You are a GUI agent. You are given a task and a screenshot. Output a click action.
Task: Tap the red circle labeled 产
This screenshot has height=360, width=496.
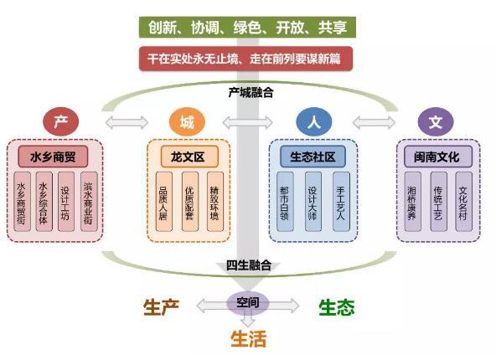pyautogui.click(x=59, y=123)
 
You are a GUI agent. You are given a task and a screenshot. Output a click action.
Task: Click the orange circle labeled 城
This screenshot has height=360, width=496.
pyautogui.click(x=186, y=123)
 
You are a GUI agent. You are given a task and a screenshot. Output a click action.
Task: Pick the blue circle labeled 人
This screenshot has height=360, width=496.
pyautogui.click(x=312, y=123)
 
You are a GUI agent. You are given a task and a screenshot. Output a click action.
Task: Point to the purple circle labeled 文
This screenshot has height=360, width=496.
pyautogui.click(x=436, y=123)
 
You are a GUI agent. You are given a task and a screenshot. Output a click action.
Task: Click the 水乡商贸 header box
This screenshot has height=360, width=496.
pyautogui.click(x=59, y=156)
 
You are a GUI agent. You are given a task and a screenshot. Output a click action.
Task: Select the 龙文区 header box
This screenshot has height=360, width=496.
pyautogui.click(x=188, y=156)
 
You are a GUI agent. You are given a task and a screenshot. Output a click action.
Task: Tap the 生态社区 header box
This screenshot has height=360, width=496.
pyautogui.click(x=312, y=156)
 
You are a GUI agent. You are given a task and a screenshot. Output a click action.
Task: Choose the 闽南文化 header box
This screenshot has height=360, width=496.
pyautogui.click(x=437, y=156)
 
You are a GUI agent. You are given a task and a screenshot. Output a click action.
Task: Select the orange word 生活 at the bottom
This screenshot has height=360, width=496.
pyautogui.click(x=249, y=338)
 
